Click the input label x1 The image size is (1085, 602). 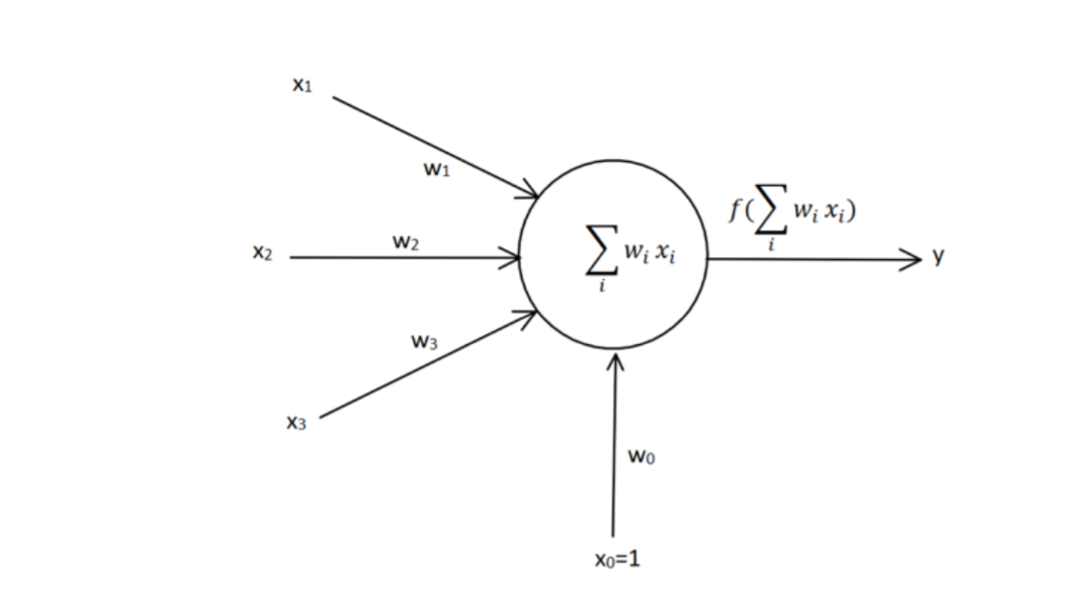(302, 85)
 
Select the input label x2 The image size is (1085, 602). (262, 254)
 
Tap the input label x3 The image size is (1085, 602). (296, 422)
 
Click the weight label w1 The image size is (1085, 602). (436, 170)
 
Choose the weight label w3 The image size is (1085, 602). (425, 341)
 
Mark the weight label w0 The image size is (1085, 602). (641, 457)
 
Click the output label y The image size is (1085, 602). (939, 256)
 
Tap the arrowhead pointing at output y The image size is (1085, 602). (913, 259)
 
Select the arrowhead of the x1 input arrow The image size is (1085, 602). (529, 193)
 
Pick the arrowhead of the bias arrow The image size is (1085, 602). (615, 361)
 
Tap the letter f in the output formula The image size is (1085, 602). (737, 209)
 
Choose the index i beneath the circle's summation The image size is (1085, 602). (602, 286)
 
